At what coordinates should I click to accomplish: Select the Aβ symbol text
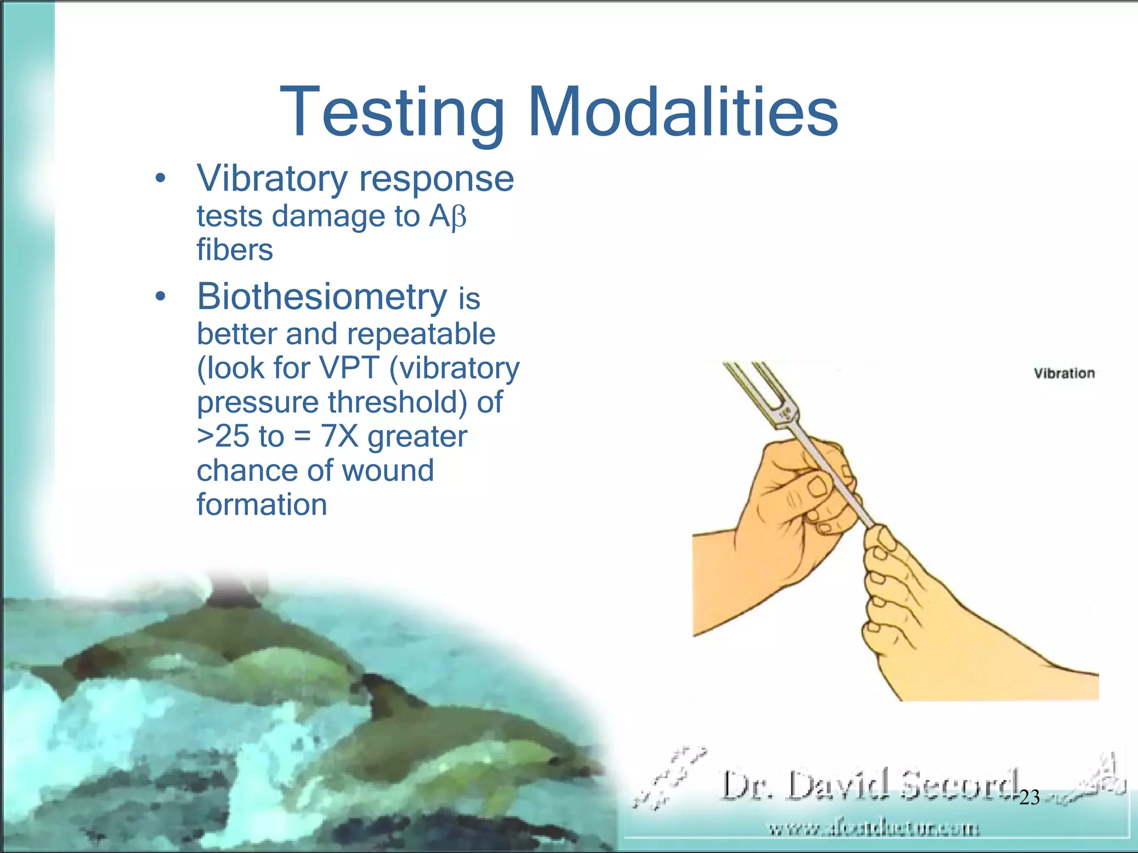tap(447, 217)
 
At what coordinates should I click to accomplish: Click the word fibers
tap(234, 250)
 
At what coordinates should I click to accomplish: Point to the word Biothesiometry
tap(322, 297)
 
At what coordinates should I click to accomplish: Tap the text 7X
tap(340, 436)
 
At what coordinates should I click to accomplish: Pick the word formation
tap(262, 505)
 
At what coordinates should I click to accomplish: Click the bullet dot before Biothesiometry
tap(161, 297)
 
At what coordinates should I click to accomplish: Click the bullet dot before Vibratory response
tap(161, 179)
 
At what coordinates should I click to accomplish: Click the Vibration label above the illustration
tap(1064, 373)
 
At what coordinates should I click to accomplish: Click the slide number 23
tap(1029, 797)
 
